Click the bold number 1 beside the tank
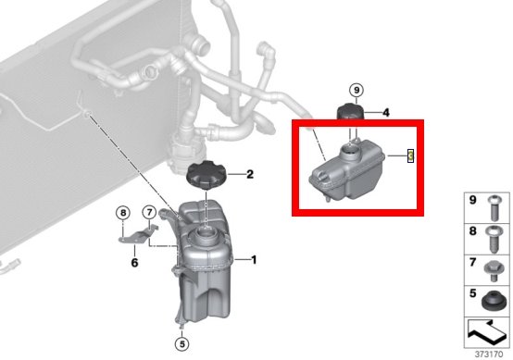pyautogui.click(x=254, y=260)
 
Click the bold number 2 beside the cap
pyautogui.click(x=250, y=174)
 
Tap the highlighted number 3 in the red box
pyautogui.click(x=410, y=155)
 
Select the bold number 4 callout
pyautogui.click(x=386, y=113)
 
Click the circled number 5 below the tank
pyautogui.click(x=181, y=343)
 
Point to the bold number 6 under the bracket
pyautogui.click(x=134, y=262)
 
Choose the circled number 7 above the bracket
pyautogui.click(x=149, y=213)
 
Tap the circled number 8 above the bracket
pyautogui.click(x=123, y=213)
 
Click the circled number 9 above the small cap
pyautogui.click(x=357, y=90)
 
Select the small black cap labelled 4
pyautogui.click(x=350, y=112)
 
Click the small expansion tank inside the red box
pyautogui.click(x=346, y=169)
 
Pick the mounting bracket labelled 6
pyautogui.click(x=138, y=234)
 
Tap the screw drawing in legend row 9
pyautogui.click(x=494, y=208)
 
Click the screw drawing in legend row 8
pyautogui.click(x=494, y=240)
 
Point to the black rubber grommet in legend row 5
pyautogui.click(x=494, y=301)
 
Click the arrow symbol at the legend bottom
pyautogui.click(x=487, y=332)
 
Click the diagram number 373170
pyautogui.click(x=489, y=354)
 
